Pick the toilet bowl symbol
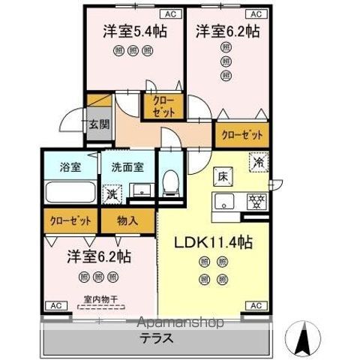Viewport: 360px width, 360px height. [x=171, y=183]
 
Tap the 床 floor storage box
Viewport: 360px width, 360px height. [x=223, y=177]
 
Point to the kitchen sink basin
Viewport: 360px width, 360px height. [x=224, y=201]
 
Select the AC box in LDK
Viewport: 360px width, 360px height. [x=256, y=305]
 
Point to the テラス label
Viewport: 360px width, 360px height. [x=156, y=338]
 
